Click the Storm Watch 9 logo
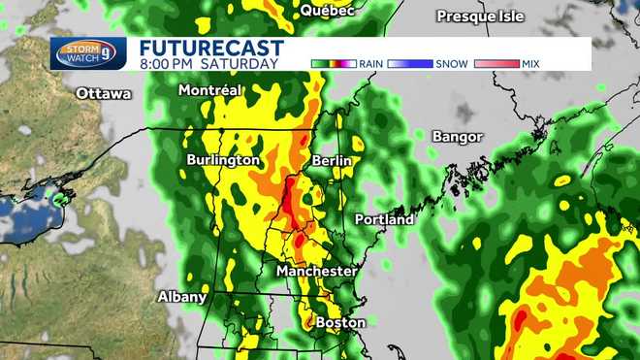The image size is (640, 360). click(x=88, y=53)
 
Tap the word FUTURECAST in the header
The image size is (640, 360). click(x=211, y=48)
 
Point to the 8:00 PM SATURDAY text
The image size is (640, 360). click(x=208, y=63)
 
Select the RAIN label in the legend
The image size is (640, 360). click(x=370, y=63)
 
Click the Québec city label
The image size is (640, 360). click(x=327, y=11)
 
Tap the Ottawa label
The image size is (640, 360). click(x=104, y=94)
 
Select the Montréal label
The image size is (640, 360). click(x=209, y=89)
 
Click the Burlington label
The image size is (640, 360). click(x=223, y=159)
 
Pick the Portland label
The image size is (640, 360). click(x=384, y=219)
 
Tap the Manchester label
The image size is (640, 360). click(x=316, y=272)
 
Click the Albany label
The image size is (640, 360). click(x=182, y=297)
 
